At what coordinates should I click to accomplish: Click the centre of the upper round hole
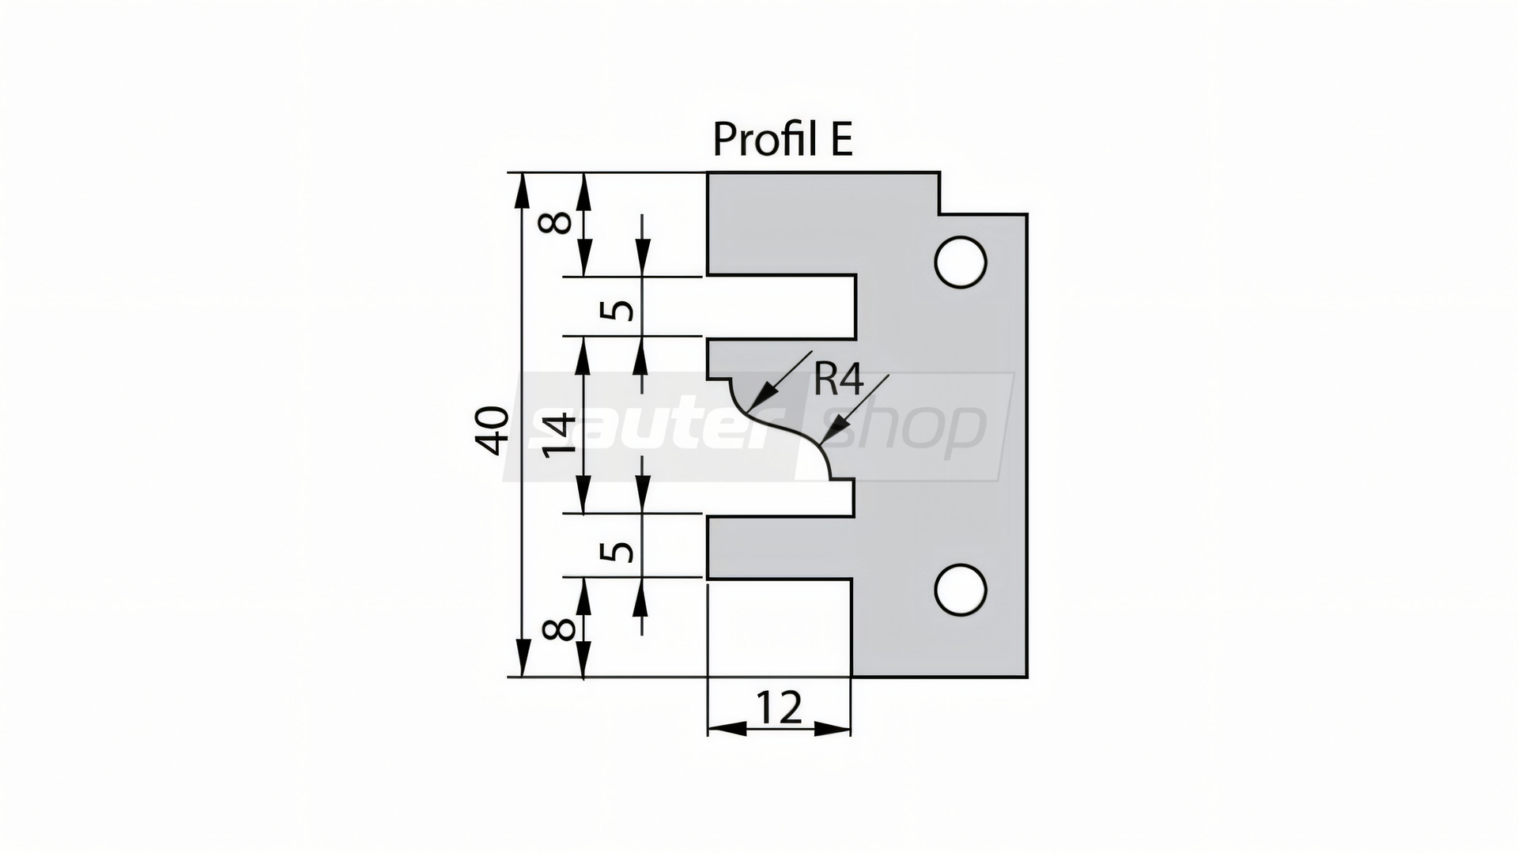[960, 262]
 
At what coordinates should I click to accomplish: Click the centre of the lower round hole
[960, 590]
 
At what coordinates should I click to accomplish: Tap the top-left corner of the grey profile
[707, 172]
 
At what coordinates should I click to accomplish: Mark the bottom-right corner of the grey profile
[1027, 677]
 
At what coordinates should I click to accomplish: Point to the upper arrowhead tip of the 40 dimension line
[523, 173]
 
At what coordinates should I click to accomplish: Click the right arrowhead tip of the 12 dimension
[851, 728]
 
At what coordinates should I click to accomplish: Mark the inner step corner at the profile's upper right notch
[939, 213]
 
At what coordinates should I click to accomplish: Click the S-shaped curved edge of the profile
[781, 428]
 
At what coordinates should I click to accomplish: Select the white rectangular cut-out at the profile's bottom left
[780, 628]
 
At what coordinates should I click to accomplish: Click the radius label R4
[838, 381]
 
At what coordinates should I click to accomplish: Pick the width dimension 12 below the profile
[779, 708]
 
